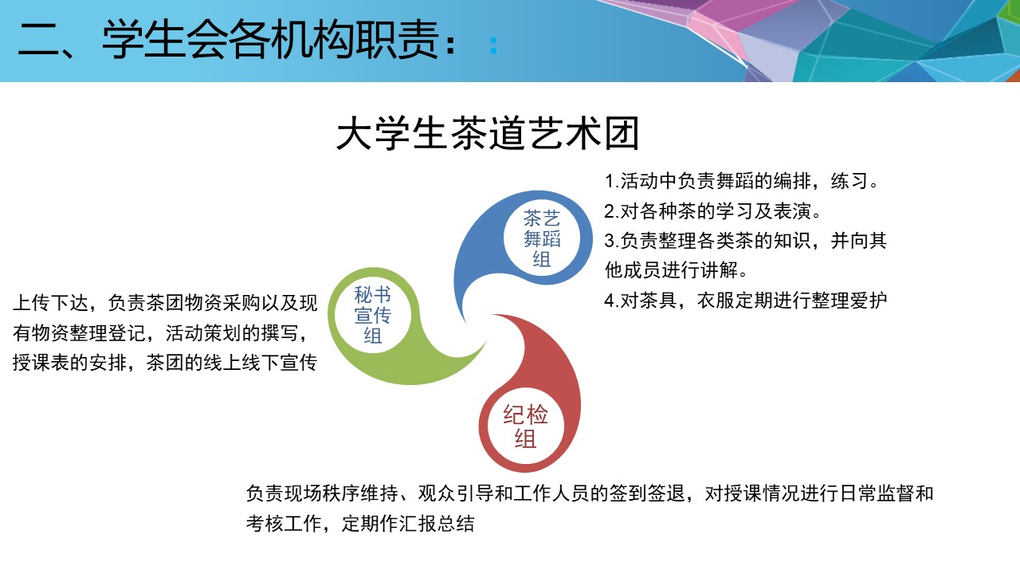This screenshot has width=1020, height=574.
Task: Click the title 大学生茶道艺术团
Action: click(x=487, y=133)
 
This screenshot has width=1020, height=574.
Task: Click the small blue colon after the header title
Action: click(x=493, y=46)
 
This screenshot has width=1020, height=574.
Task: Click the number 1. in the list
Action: click(x=611, y=182)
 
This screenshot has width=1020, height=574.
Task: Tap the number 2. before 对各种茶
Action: click(x=611, y=212)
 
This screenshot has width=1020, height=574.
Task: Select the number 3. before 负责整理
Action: click(x=611, y=242)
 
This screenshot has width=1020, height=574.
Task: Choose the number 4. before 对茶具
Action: click(x=611, y=301)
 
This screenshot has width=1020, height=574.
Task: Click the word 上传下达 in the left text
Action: click(x=50, y=303)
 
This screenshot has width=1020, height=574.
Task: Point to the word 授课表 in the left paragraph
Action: click(x=41, y=363)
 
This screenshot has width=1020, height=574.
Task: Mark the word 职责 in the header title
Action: click(x=397, y=40)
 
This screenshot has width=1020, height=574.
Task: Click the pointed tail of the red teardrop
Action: click(x=492, y=315)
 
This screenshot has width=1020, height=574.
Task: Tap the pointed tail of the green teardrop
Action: click(x=484, y=344)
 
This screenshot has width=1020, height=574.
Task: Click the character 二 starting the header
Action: click(x=39, y=41)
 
